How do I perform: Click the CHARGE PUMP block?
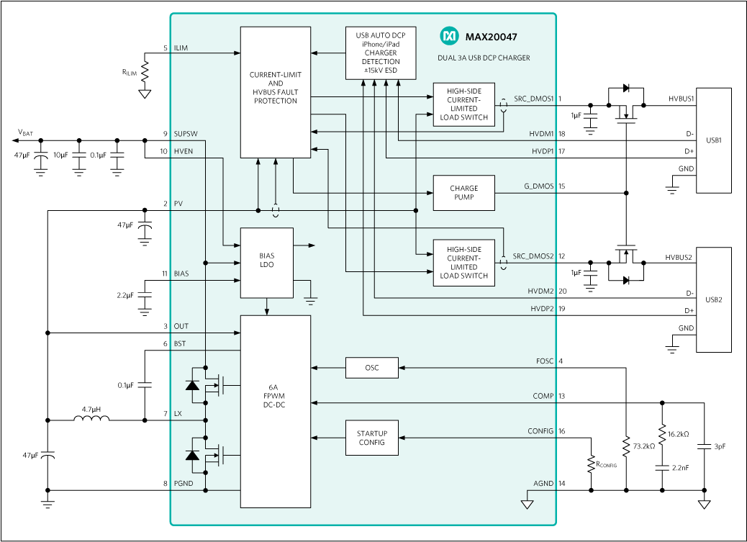point(463,193)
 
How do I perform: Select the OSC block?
point(371,368)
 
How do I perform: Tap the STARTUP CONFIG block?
point(371,438)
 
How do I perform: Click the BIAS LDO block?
point(266,263)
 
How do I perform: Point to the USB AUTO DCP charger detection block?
point(381,53)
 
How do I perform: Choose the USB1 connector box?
point(713,140)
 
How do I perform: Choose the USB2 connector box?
point(713,300)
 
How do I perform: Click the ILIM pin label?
point(181,48)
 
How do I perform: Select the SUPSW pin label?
point(185,134)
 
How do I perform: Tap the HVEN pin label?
point(183,151)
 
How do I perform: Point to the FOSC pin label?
point(545,361)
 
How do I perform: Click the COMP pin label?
point(543,396)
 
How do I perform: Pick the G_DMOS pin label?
point(538,186)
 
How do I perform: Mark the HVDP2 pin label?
point(542,309)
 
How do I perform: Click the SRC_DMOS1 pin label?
point(533,99)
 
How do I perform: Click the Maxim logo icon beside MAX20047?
point(449,35)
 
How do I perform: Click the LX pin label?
point(178,414)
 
